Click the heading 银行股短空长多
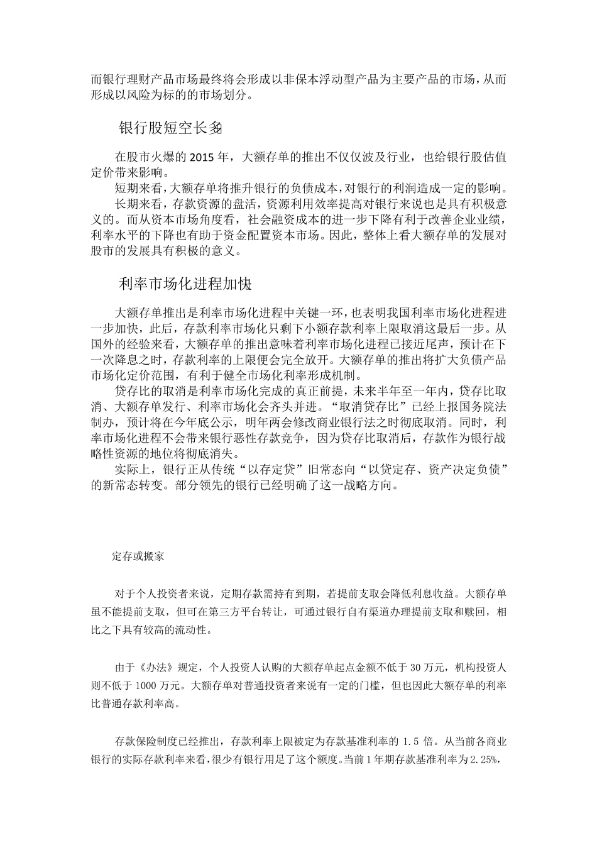click(x=170, y=128)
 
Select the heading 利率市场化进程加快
click(x=185, y=284)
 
